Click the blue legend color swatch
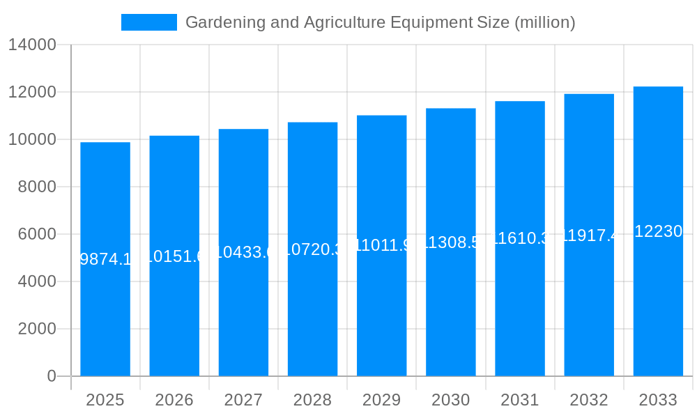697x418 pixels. [149, 22]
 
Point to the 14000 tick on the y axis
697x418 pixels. [32, 45]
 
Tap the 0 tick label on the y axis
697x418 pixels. [52, 376]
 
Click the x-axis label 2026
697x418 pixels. [174, 400]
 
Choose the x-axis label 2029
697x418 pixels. [381, 400]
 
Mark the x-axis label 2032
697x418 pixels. [589, 400]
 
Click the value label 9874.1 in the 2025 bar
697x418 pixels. [105, 259]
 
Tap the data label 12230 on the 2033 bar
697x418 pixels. [658, 231]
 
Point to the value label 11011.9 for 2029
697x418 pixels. [381, 245]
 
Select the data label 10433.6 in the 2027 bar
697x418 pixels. [243, 252]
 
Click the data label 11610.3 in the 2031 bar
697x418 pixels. [520, 238]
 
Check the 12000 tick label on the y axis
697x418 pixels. [32, 92]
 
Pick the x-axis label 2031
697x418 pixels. [520, 400]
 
